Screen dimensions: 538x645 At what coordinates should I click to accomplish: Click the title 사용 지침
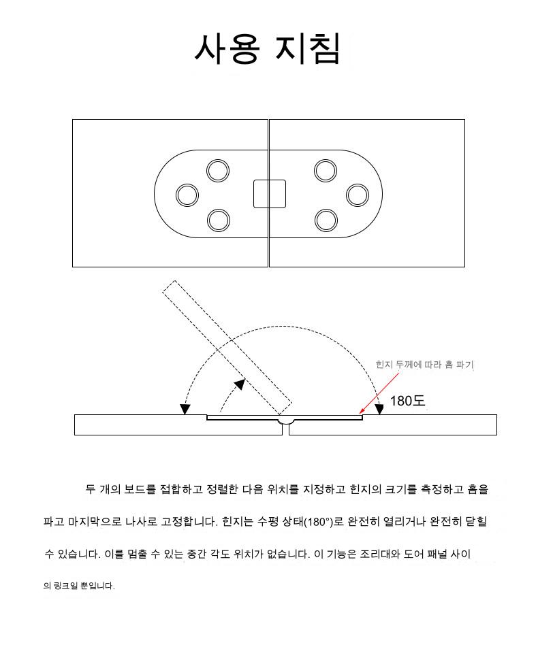[x=268, y=48]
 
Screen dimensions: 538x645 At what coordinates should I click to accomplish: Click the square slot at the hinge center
[x=269, y=194]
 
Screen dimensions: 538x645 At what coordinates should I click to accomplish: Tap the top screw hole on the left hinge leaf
[x=218, y=171]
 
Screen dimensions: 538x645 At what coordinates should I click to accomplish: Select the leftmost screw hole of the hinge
[x=187, y=195]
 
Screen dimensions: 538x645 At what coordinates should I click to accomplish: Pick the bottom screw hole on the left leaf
[x=219, y=220]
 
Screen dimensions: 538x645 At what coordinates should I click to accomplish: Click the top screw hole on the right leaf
[x=326, y=171]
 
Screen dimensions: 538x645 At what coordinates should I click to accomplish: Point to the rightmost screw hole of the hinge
[x=358, y=195]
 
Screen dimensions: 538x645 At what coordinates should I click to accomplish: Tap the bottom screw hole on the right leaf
[x=326, y=220]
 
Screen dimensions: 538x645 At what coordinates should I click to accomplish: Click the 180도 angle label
[x=407, y=401]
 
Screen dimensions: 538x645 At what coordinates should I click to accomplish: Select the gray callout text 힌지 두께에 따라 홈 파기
[x=424, y=365]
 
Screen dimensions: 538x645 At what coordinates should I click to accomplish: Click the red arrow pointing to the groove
[x=379, y=393]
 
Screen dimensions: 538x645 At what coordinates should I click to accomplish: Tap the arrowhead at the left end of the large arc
[x=185, y=410]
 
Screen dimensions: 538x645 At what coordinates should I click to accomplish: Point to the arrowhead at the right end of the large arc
[x=379, y=410]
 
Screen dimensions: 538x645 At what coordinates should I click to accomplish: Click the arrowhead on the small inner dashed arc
[x=240, y=384]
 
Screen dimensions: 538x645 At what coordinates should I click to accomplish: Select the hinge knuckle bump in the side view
[x=285, y=420]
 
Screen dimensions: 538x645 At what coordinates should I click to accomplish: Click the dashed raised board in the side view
[x=227, y=348]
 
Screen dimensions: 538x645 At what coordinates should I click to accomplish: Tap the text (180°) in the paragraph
[x=318, y=522]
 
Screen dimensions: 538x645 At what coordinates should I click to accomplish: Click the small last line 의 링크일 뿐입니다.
[x=79, y=585]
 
